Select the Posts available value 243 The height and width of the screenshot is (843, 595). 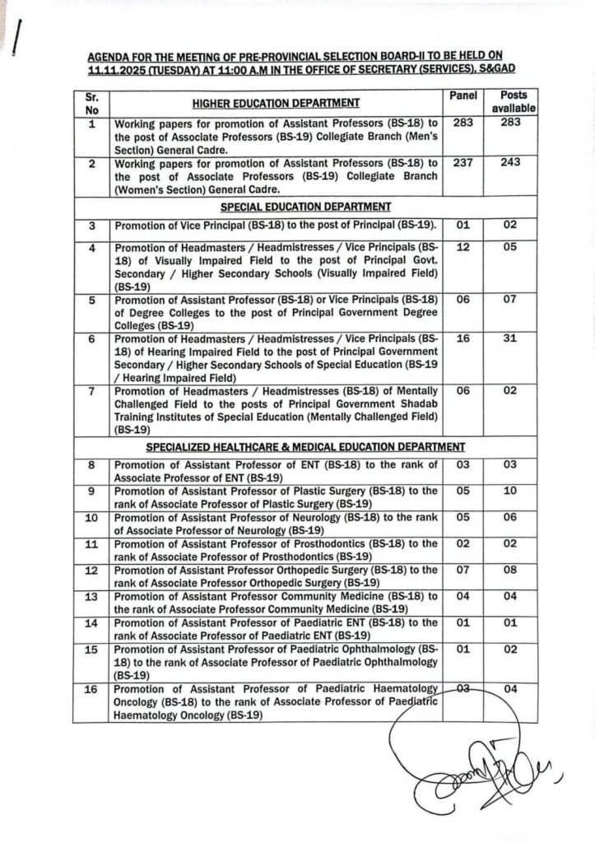click(x=515, y=163)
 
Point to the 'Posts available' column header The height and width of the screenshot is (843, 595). click(x=515, y=101)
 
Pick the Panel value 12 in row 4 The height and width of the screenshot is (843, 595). click(x=463, y=247)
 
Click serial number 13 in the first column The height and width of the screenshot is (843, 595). click(x=92, y=597)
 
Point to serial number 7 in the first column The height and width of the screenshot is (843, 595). click(x=92, y=390)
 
